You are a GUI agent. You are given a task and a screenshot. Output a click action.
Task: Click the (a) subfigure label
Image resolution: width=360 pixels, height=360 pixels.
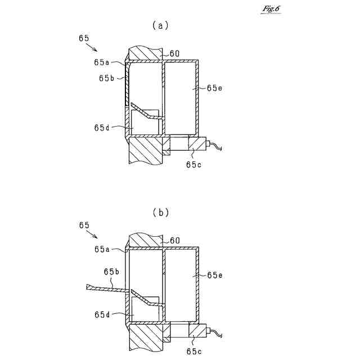point(160,25)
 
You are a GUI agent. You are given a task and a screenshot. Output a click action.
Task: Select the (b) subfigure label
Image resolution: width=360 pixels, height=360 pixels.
point(160,213)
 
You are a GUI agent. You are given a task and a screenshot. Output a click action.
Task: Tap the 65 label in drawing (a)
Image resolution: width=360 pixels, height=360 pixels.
point(84,38)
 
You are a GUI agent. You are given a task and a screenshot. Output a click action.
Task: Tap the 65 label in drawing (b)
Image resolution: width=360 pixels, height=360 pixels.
point(84,225)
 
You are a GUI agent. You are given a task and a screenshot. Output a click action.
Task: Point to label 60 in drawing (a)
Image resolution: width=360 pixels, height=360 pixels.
point(174,53)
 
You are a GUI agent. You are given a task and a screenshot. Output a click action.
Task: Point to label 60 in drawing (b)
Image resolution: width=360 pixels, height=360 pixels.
point(174,240)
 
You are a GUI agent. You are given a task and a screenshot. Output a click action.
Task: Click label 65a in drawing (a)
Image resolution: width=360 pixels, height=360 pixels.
point(103,63)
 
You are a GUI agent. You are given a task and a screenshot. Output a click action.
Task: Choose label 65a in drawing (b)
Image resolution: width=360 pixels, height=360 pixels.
point(103,249)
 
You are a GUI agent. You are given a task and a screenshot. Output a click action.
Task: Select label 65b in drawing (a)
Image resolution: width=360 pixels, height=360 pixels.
point(107,79)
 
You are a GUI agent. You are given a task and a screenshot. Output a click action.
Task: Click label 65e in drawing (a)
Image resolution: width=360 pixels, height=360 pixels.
point(215,88)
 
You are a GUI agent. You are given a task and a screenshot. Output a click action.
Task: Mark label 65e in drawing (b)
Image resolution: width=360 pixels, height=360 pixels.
point(215,275)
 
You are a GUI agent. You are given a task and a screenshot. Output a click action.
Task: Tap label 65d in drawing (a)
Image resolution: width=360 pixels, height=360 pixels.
point(103,128)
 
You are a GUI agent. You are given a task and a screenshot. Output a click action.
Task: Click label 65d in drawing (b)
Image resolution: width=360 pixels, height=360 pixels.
point(103,314)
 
